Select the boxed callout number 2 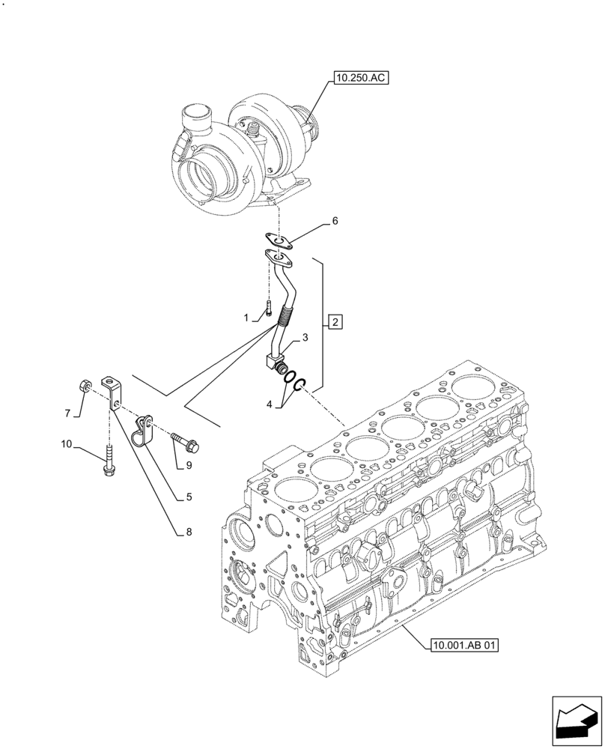point(335,323)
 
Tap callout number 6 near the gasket point(335,221)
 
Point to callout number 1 point(245,318)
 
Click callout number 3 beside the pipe point(305,339)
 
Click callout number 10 point(67,445)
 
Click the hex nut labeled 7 point(86,386)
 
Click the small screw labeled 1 point(268,306)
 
